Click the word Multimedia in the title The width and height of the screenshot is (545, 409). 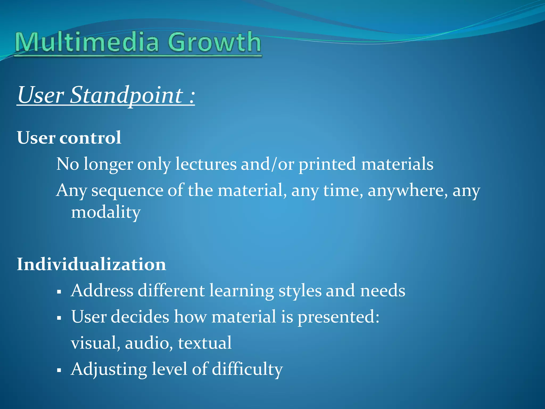(x=87, y=42)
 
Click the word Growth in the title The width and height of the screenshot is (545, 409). (x=214, y=42)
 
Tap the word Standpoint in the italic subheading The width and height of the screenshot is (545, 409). (x=127, y=95)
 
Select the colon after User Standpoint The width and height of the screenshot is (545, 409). (x=192, y=96)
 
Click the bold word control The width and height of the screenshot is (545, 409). (x=90, y=138)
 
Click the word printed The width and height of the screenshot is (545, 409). (x=327, y=165)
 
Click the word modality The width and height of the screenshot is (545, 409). (x=106, y=212)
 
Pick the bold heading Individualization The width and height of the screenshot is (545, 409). (x=91, y=264)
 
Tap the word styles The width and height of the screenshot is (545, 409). (x=300, y=291)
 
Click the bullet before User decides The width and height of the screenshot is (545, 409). (x=59, y=318)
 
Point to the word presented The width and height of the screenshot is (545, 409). (x=338, y=317)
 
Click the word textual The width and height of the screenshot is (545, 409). (x=205, y=343)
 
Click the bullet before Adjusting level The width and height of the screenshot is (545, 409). (x=59, y=370)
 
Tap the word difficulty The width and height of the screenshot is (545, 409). (x=247, y=370)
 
